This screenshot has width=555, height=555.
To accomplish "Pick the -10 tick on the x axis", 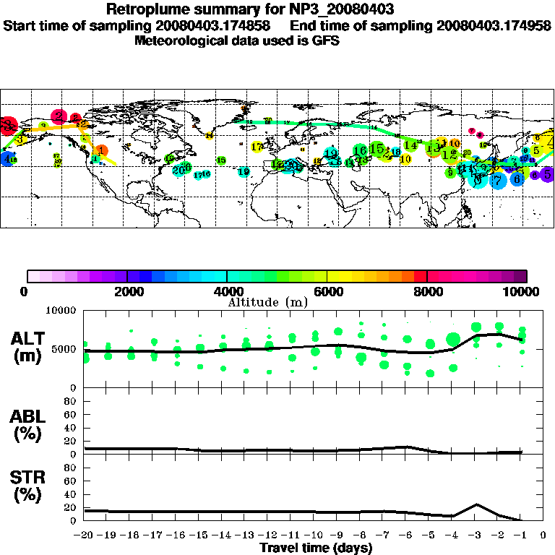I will click(314, 535).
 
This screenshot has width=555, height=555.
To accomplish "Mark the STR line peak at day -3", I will click(476, 504).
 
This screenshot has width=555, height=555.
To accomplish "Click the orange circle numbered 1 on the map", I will click(102, 151).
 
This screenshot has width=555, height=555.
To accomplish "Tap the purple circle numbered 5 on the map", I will click(547, 173).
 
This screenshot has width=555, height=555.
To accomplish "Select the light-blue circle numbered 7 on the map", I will click(497, 180).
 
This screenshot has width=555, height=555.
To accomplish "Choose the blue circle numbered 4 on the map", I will click(7, 159).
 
